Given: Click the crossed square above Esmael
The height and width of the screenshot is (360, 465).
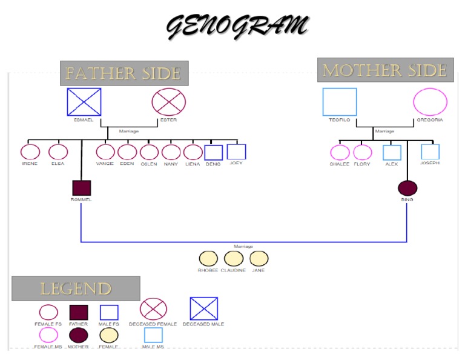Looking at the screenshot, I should pyautogui.click(x=84, y=102).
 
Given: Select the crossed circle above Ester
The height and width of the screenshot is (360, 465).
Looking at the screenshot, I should pyautogui.click(x=168, y=102).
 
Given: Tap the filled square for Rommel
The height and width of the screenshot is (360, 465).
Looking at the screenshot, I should pyautogui.click(x=81, y=188).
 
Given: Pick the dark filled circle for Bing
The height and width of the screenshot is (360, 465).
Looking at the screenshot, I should pyautogui.click(x=407, y=188).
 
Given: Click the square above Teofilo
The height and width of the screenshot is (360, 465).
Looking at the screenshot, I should pyautogui.click(x=340, y=102).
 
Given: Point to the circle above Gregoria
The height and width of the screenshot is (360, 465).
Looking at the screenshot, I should pyautogui.click(x=430, y=102).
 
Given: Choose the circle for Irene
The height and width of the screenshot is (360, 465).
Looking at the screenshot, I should pyautogui.click(x=30, y=152).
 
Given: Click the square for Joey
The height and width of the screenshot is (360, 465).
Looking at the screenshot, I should pyautogui.click(x=236, y=152).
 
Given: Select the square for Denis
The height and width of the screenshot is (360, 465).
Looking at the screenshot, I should pyautogui.click(x=214, y=153).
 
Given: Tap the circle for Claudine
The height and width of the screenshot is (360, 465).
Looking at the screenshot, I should pyautogui.click(x=233, y=259).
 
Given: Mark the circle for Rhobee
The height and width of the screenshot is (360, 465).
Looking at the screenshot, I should pyautogui.click(x=208, y=259).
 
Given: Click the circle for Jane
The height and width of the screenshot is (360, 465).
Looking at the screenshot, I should pyautogui.click(x=259, y=259).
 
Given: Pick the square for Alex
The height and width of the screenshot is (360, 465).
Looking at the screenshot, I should pyautogui.click(x=392, y=153).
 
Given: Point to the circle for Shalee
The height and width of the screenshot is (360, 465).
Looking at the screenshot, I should pyautogui.click(x=340, y=153).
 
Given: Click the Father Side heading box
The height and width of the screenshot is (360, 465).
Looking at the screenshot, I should pyautogui.click(x=124, y=73).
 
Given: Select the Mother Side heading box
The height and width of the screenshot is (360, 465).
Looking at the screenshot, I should pyautogui.click(x=385, y=70).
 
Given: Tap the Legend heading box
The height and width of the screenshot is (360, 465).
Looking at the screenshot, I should pyautogui.click(x=76, y=288).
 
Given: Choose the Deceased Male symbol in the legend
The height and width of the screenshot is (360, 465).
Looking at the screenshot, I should pyautogui.click(x=203, y=308).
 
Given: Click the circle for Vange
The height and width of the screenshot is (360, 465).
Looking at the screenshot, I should pyautogui.click(x=105, y=152).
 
